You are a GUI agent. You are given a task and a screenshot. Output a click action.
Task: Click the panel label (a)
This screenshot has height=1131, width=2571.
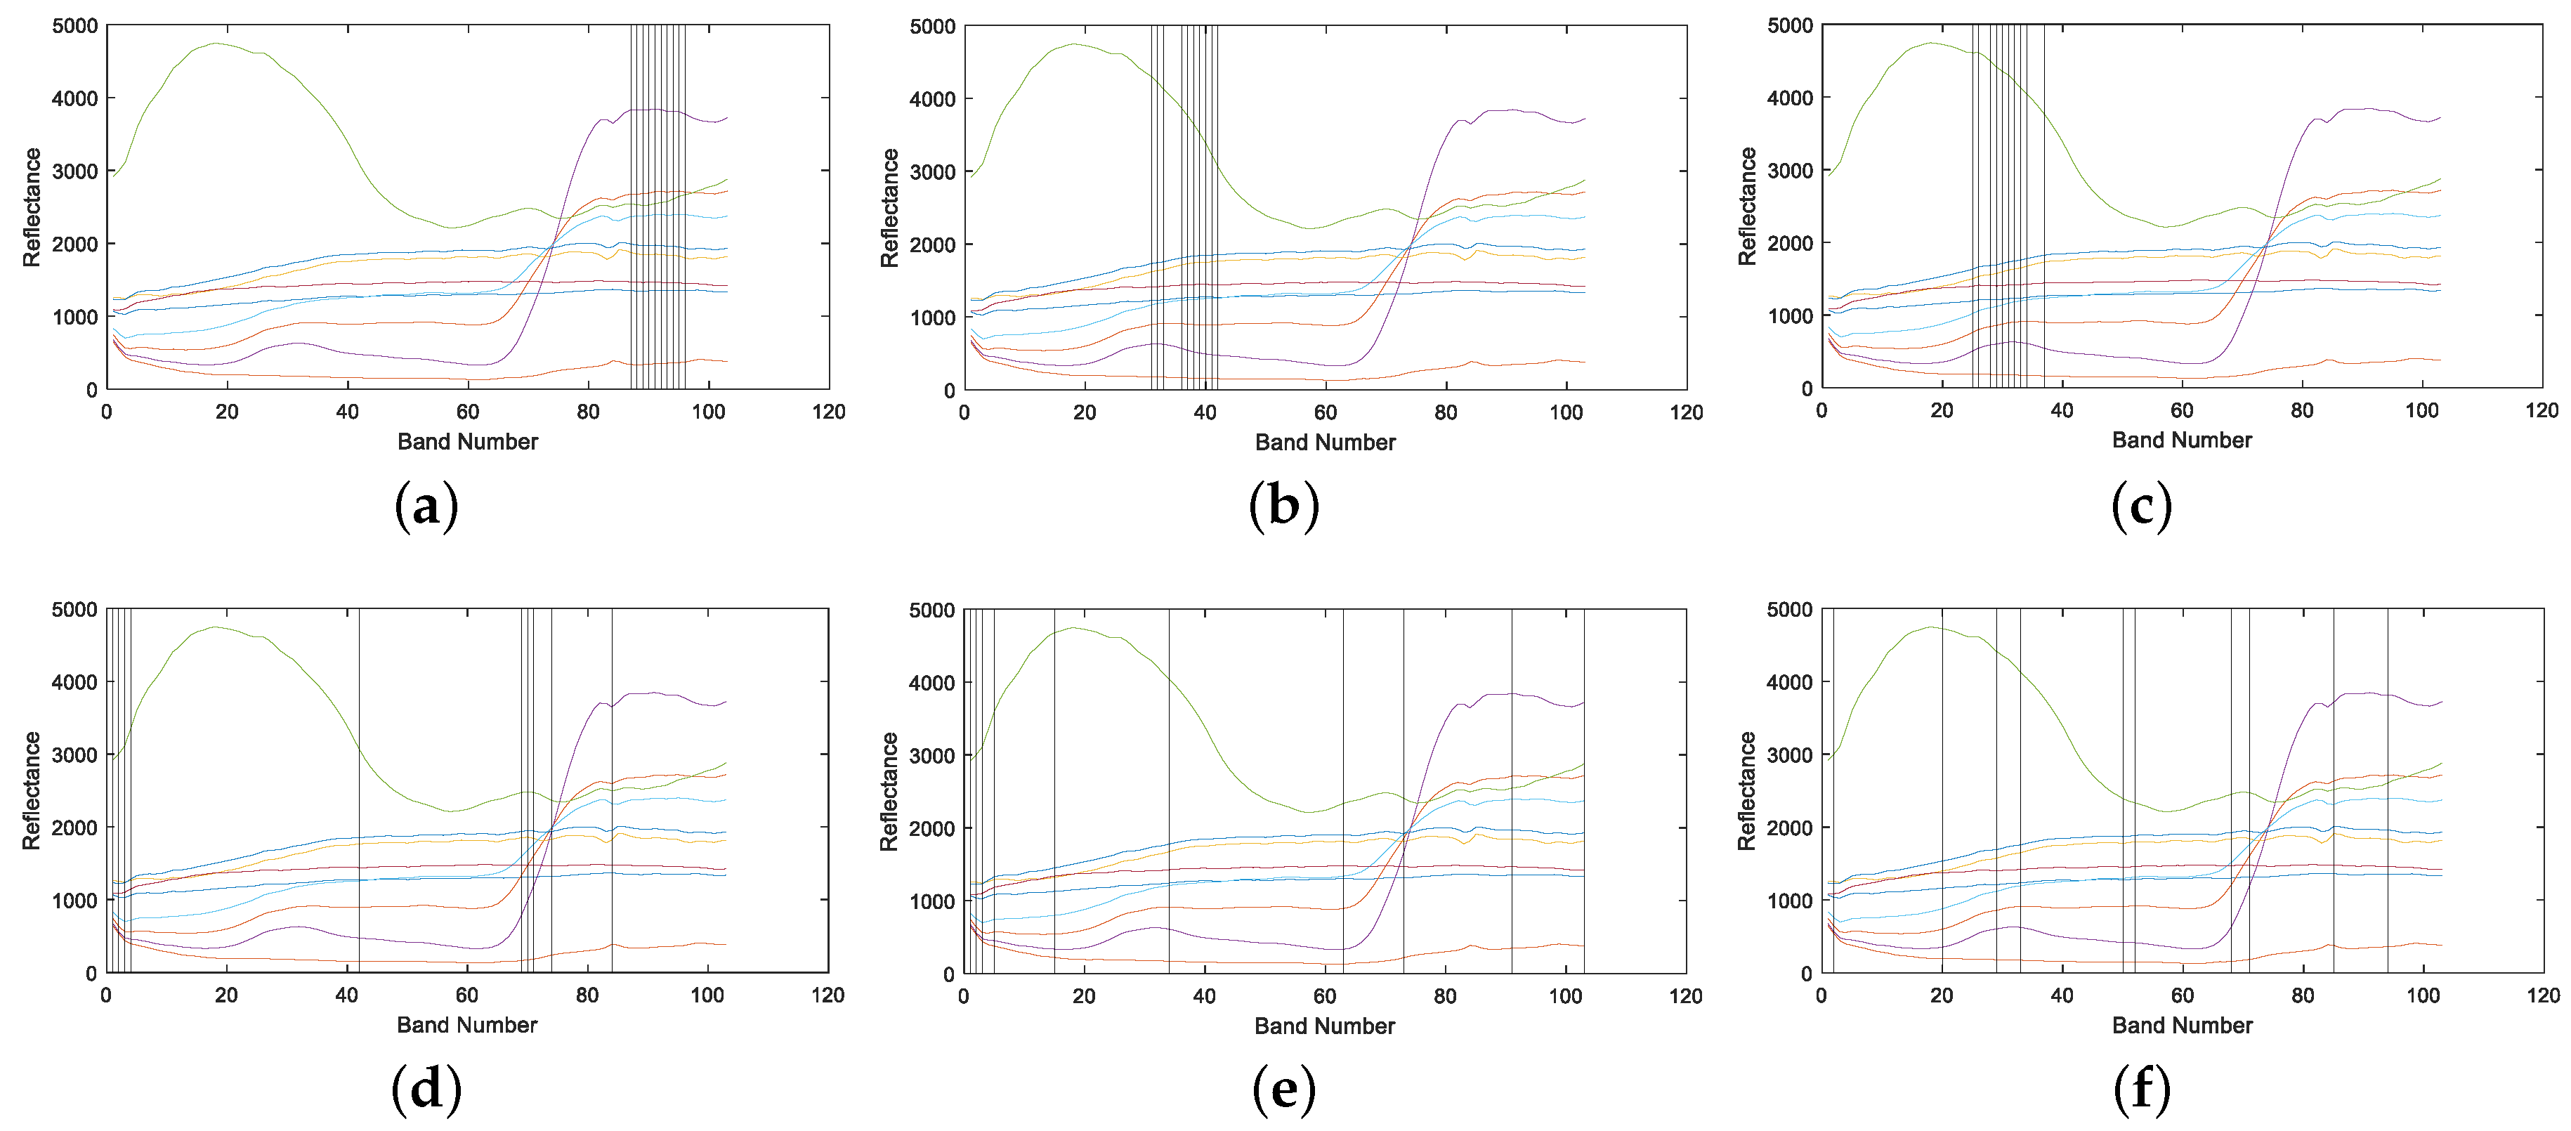[x=426, y=506]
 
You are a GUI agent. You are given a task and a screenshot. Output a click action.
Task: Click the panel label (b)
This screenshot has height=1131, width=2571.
[x=1283, y=506]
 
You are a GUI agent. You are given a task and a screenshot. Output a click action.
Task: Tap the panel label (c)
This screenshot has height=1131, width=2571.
[x=2141, y=506]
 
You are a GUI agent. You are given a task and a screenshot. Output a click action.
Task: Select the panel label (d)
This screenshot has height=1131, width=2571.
[x=426, y=1088]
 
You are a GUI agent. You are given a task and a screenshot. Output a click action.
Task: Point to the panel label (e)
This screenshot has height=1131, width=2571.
[x=1283, y=1088]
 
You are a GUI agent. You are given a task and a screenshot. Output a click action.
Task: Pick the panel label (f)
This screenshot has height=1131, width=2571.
[x=2142, y=1088]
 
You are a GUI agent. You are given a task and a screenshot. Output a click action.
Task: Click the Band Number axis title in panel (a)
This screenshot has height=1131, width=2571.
[x=467, y=441]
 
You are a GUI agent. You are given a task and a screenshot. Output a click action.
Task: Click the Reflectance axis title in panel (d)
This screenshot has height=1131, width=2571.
[x=31, y=790]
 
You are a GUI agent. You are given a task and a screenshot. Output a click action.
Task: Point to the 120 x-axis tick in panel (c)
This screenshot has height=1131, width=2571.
[x=2542, y=410]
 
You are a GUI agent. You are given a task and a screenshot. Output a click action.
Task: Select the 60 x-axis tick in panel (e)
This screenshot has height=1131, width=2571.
[x=1324, y=995]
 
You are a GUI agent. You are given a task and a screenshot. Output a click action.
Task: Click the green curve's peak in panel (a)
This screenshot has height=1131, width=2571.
[x=216, y=43]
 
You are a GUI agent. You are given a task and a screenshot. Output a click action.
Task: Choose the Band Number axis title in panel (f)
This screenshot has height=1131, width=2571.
[x=2182, y=1025]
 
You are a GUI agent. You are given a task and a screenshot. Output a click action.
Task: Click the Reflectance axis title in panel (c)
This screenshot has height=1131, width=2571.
[x=1746, y=207]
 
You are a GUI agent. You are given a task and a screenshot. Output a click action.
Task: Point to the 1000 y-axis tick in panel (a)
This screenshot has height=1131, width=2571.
[x=75, y=316]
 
